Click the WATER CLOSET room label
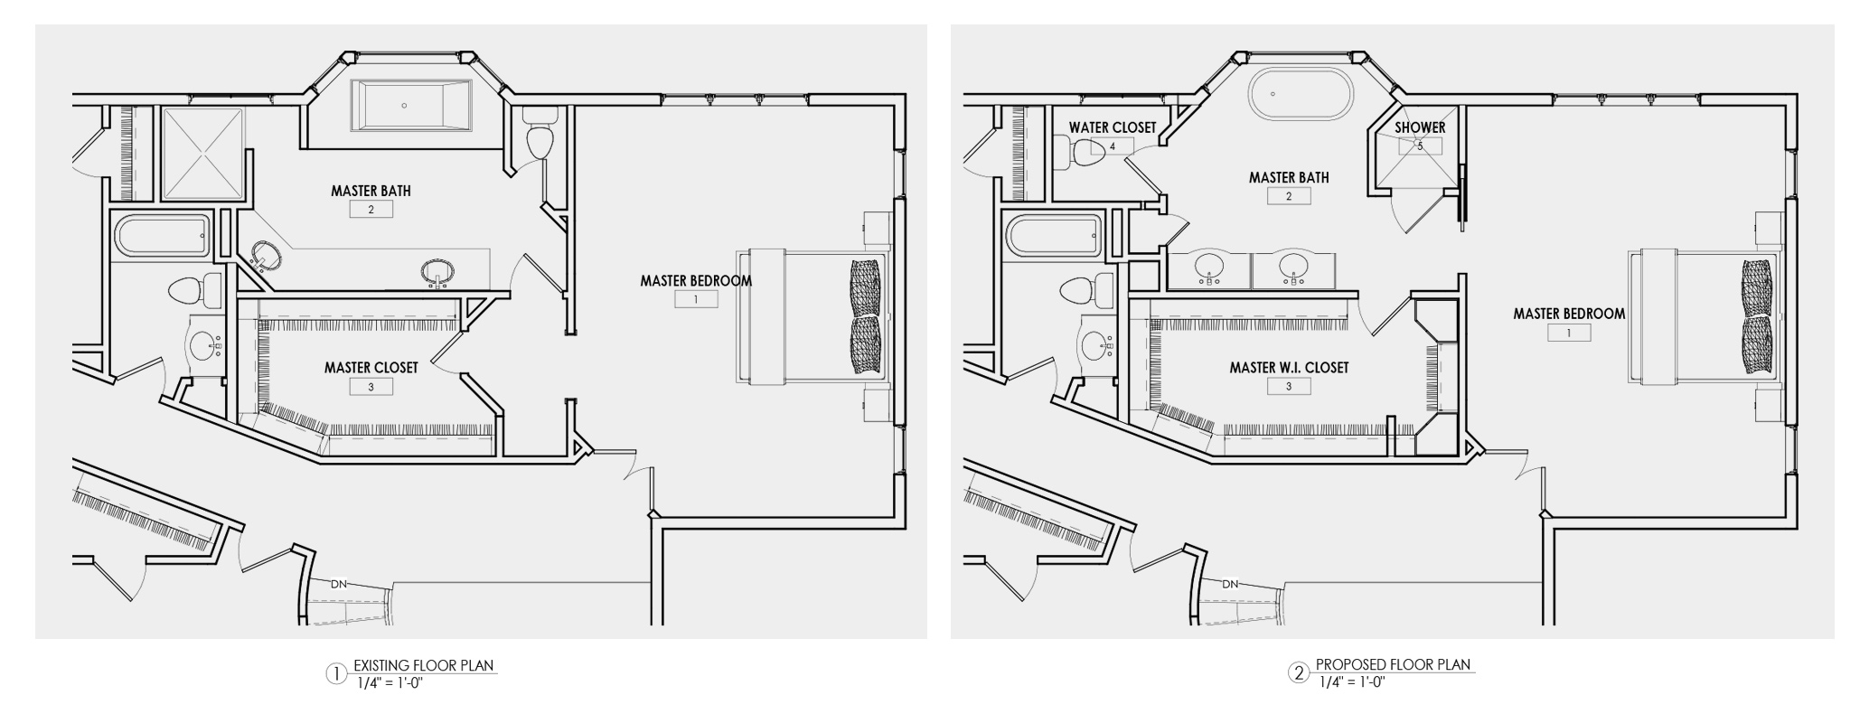[x=1112, y=127]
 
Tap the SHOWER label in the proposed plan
[x=1419, y=127]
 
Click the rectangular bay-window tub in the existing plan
[x=411, y=105]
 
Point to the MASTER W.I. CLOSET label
[x=1288, y=368]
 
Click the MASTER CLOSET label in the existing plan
[x=371, y=368]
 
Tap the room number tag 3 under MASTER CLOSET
[x=371, y=387]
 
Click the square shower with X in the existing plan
[x=202, y=154]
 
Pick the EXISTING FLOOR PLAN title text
[x=423, y=666]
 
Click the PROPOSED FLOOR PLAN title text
[x=1393, y=664]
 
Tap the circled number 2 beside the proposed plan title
[x=1300, y=672]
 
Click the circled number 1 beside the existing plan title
[x=335, y=673]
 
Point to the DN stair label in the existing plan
[x=338, y=584]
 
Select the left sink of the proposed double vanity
[x=1209, y=268]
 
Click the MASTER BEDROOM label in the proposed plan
[x=1568, y=314]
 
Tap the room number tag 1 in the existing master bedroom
[x=696, y=299]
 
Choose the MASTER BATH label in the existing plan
[x=371, y=191]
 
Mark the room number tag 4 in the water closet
[x=1113, y=146]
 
